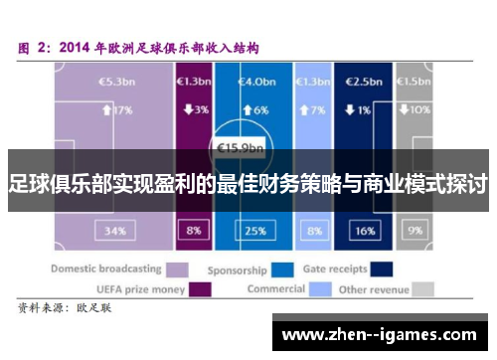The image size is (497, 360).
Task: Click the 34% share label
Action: tap(115, 231)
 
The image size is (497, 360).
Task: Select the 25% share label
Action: tap(256, 231)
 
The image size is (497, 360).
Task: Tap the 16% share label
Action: tap(365, 231)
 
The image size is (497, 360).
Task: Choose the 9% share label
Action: tap(415, 231)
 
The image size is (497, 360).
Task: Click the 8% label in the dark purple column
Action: tap(193, 231)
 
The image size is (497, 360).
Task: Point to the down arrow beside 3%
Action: tap(186, 108)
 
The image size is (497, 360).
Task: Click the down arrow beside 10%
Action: tap(406, 108)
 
